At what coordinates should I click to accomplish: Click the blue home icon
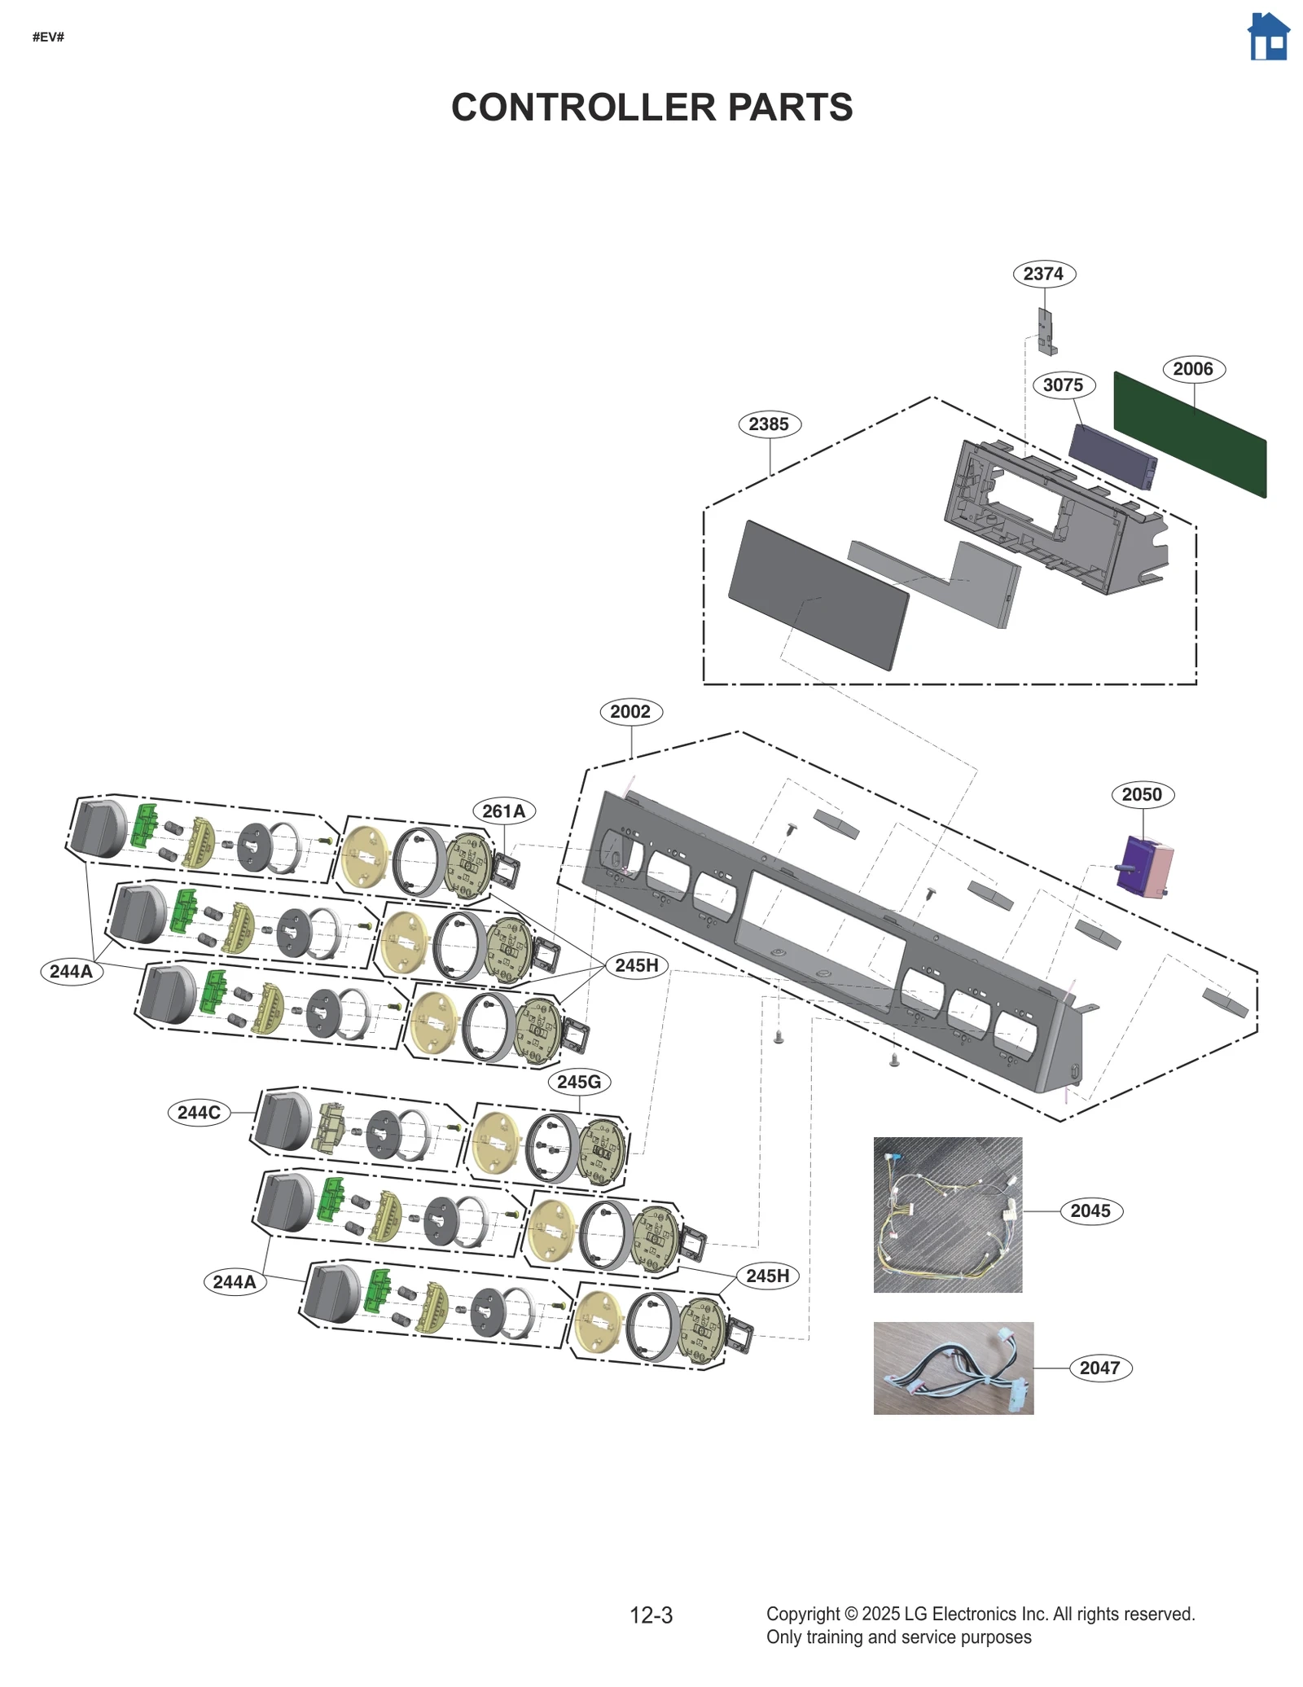point(1267,37)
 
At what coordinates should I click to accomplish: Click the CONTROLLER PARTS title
point(651,108)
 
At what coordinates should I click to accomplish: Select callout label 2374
point(1043,274)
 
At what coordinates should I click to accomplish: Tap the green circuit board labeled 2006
point(1189,434)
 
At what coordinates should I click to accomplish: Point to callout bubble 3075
point(1063,384)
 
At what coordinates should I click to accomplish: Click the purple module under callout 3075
point(1112,456)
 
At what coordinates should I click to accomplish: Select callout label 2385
point(769,424)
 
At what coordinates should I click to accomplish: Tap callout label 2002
point(630,711)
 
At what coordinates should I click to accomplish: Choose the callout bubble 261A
point(503,811)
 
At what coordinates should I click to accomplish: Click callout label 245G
point(579,1082)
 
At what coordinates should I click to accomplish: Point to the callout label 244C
point(199,1113)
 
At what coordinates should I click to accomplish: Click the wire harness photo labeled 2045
point(947,1214)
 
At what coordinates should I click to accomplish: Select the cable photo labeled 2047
point(953,1368)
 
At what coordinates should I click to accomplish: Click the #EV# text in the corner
point(48,37)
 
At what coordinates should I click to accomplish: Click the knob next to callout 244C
point(283,1121)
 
